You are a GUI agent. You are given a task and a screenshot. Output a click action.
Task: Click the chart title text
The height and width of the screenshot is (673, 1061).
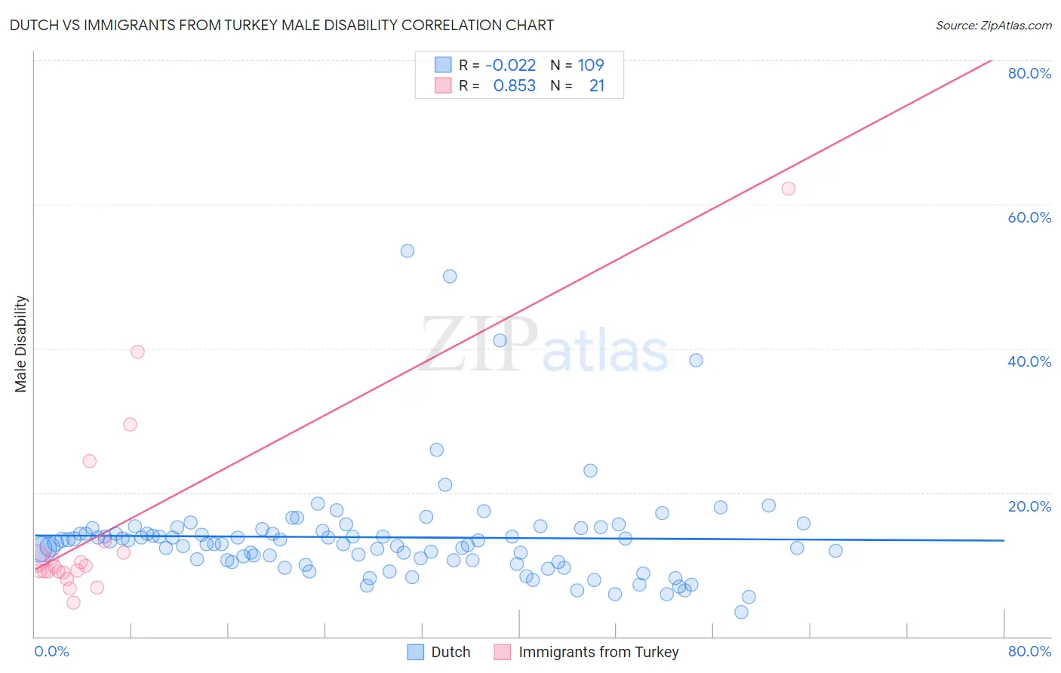click(x=281, y=25)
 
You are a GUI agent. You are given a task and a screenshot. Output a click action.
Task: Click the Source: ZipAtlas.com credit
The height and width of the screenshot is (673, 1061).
click(x=993, y=25)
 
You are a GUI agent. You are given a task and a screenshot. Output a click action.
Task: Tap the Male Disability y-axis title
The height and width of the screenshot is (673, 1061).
click(x=21, y=343)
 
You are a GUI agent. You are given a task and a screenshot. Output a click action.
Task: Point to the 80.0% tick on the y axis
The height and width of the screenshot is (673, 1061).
click(x=1029, y=73)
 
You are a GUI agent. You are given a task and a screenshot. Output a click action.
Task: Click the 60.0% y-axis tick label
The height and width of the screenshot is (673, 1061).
click(x=1029, y=217)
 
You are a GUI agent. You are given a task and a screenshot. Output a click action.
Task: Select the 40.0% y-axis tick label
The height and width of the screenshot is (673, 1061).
click(x=1029, y=361)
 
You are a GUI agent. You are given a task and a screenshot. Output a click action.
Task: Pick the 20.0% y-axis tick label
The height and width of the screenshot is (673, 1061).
click(x=1029, y=506)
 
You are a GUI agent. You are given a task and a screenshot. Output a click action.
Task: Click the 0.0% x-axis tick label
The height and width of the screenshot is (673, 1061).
click(x=51, y=651)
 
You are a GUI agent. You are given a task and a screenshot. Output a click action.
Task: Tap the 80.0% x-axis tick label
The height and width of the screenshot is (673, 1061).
click(x=1029, y=651)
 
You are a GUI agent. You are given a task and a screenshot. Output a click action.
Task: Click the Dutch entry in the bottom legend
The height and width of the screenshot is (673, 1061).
click(x=438, y=652)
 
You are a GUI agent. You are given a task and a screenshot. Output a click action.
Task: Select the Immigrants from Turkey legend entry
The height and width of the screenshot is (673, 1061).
click(x=586, y=652)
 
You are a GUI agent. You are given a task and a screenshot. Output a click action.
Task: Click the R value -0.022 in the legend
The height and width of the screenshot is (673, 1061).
click(x=510, y=65)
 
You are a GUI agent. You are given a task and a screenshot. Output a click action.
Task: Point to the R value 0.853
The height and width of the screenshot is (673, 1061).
click(x=514, y=86)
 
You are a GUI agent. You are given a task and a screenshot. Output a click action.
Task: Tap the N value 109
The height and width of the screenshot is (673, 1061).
click(x=590, y=65)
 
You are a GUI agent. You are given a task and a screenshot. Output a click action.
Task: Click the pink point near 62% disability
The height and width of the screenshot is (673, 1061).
click(x=789, y=189)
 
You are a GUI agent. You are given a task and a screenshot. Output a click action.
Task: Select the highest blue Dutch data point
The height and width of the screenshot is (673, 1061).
click(x=407, y=250)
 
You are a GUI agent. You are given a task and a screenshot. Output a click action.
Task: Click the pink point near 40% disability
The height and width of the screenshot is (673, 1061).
click(x=137, y=352)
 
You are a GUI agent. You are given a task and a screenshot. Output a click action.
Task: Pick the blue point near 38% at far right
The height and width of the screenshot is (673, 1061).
click(x=696, y=360)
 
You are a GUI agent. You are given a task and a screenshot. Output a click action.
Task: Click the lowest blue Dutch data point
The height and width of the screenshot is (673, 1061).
click(x=741, y=612)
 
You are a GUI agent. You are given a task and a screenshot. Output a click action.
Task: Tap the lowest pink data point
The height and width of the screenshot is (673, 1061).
click(x=73, y=602)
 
